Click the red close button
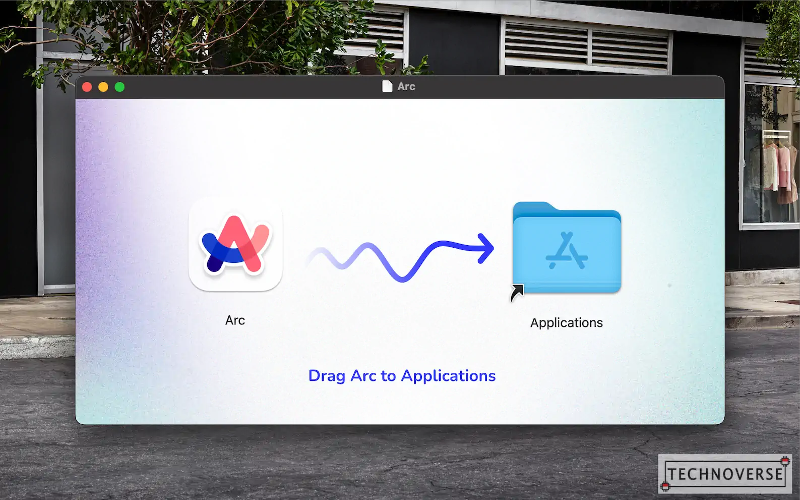coord(87,87)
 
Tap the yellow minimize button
coord(103,87)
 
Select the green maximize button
coord(119,87)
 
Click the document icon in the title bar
coord(387,86)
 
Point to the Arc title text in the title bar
coord(406,86)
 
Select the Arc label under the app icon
coord(235,320)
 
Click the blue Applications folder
coord(567,248)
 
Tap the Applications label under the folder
coord(567,323)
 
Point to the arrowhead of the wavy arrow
coord(486,248)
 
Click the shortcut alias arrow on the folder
coord(517,293)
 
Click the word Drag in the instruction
coord(327,376)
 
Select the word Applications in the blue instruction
coord(449,376)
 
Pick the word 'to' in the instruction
coord(389,376)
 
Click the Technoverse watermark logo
coord(725,474)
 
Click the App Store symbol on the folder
coord(567,251)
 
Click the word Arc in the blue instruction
coord(363,376)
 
